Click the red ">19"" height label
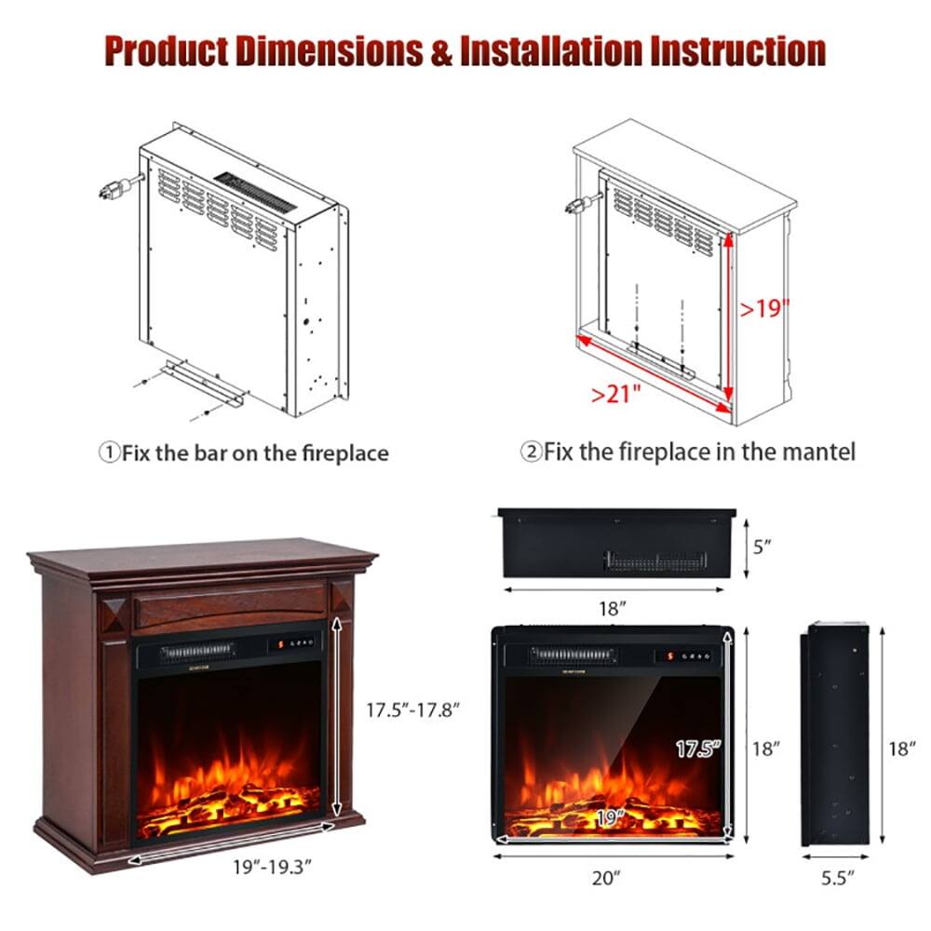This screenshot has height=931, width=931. [x=765, y=308]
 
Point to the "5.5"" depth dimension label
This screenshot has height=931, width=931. [x=837, y=876]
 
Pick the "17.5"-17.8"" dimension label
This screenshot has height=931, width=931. [x=413, y=708]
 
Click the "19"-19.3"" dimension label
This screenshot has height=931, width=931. [x=271, y=866]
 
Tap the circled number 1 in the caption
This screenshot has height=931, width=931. [x=109, y=453]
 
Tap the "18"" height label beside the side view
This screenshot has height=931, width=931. [x=901, y=748]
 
